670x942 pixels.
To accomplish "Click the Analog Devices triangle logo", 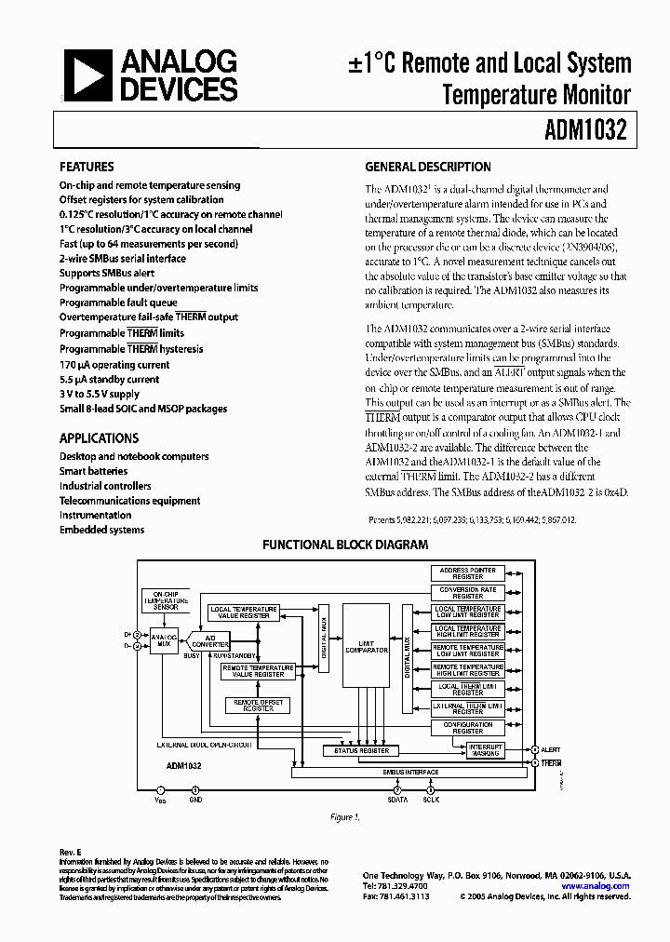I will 81,75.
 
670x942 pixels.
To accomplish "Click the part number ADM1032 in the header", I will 585,130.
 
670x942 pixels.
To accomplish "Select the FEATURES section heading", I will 87,167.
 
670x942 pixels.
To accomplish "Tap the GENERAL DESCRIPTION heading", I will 428,167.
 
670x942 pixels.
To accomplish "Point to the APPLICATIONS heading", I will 99,437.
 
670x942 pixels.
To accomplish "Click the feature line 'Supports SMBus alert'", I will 107,274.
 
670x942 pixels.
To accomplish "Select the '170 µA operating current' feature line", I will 114,365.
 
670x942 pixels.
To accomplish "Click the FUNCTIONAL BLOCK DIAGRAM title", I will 345,545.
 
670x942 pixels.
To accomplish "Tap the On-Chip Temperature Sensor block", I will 166,600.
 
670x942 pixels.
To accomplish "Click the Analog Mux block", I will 164,639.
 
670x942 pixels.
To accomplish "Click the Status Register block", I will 361,750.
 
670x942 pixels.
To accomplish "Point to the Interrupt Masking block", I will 485,749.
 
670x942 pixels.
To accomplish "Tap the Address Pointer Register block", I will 468,572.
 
